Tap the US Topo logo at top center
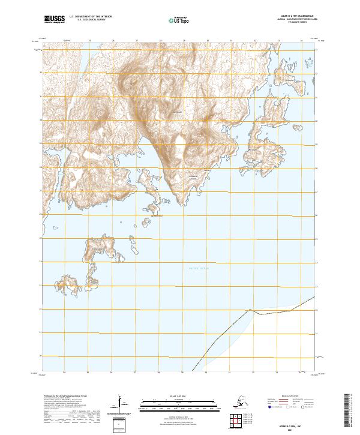tap(179, 20)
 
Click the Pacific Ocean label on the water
tap(200, 268)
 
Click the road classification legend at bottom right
tap(292, 403)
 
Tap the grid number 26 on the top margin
tap(113, 41)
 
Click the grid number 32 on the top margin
tap(254, 41)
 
